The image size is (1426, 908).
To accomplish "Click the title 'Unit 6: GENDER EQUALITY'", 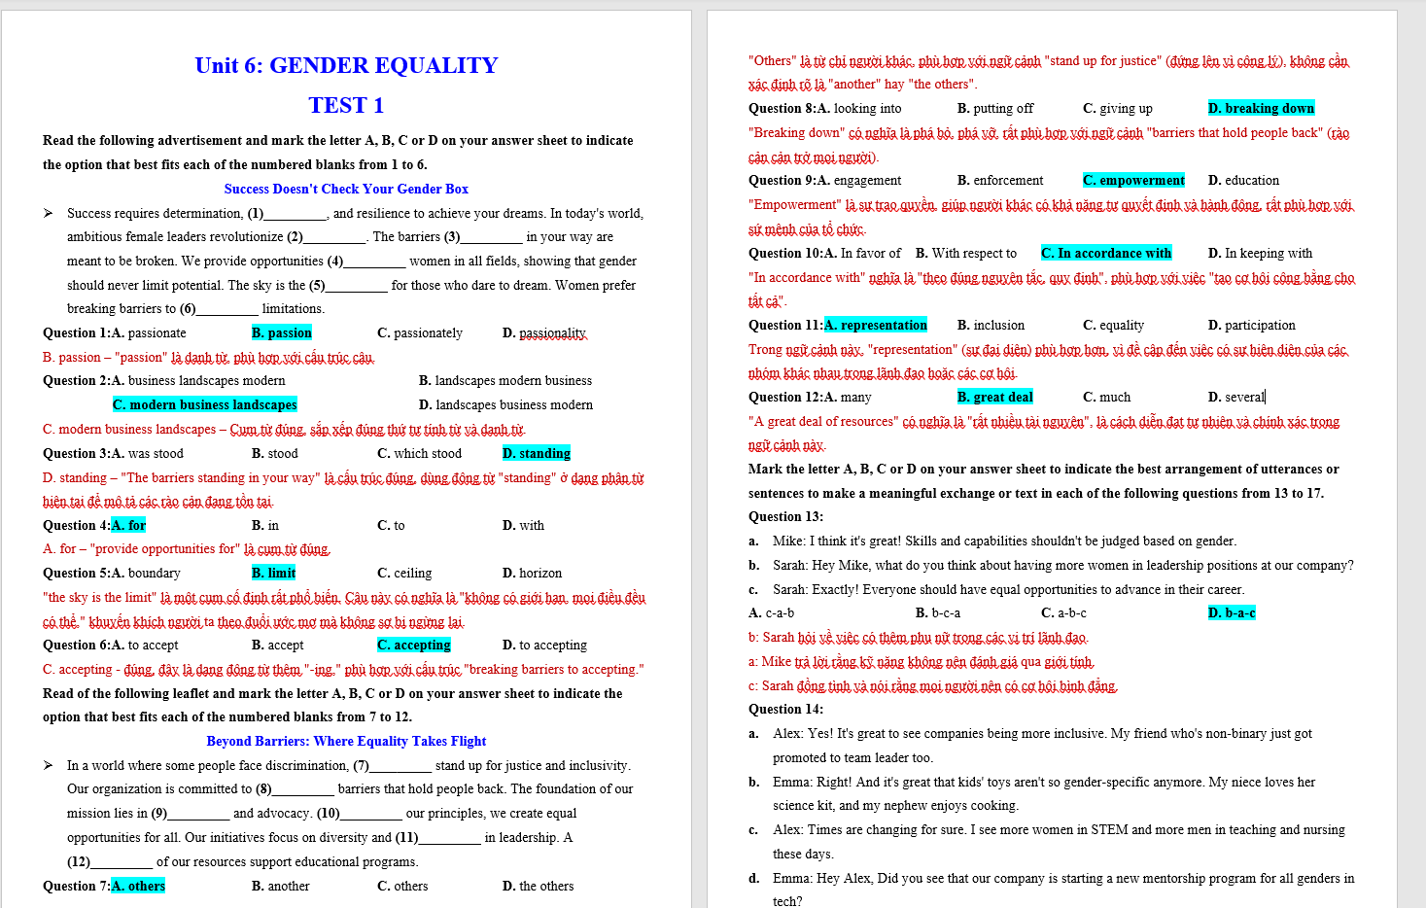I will tap(346, 65).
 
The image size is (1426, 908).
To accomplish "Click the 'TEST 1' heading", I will tap(346, 105).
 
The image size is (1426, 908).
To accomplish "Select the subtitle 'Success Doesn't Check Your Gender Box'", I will tap(346, 189).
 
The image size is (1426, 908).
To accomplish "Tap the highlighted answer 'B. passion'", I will tap(281, 332).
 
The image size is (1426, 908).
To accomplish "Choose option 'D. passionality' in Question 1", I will tap(544, 332).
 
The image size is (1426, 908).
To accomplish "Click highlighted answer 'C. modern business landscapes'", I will tap(204, 404).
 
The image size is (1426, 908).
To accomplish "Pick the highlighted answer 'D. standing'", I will tap(536, 453).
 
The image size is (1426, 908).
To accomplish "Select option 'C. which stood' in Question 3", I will tap(419, 453).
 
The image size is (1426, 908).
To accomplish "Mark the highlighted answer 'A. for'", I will tap(128, 525).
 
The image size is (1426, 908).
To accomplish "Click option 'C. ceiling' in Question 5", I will tap(404, 573).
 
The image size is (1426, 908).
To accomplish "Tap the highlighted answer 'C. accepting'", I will tap(414, 645).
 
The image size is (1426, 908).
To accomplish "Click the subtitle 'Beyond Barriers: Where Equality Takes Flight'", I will tap(346, 741).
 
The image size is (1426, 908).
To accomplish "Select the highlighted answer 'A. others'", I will tap(138, 886).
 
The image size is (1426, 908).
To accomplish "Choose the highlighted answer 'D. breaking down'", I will tap(1261, 108).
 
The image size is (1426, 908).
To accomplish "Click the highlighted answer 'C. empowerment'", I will tap(1133, 180).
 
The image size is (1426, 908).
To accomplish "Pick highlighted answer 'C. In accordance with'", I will tap(1106, 253).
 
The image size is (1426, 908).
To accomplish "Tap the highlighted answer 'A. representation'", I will tap(875, 325).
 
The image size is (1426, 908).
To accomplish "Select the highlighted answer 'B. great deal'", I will tap(994, 397).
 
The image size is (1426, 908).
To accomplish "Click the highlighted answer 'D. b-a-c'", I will tap(1232, 612).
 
